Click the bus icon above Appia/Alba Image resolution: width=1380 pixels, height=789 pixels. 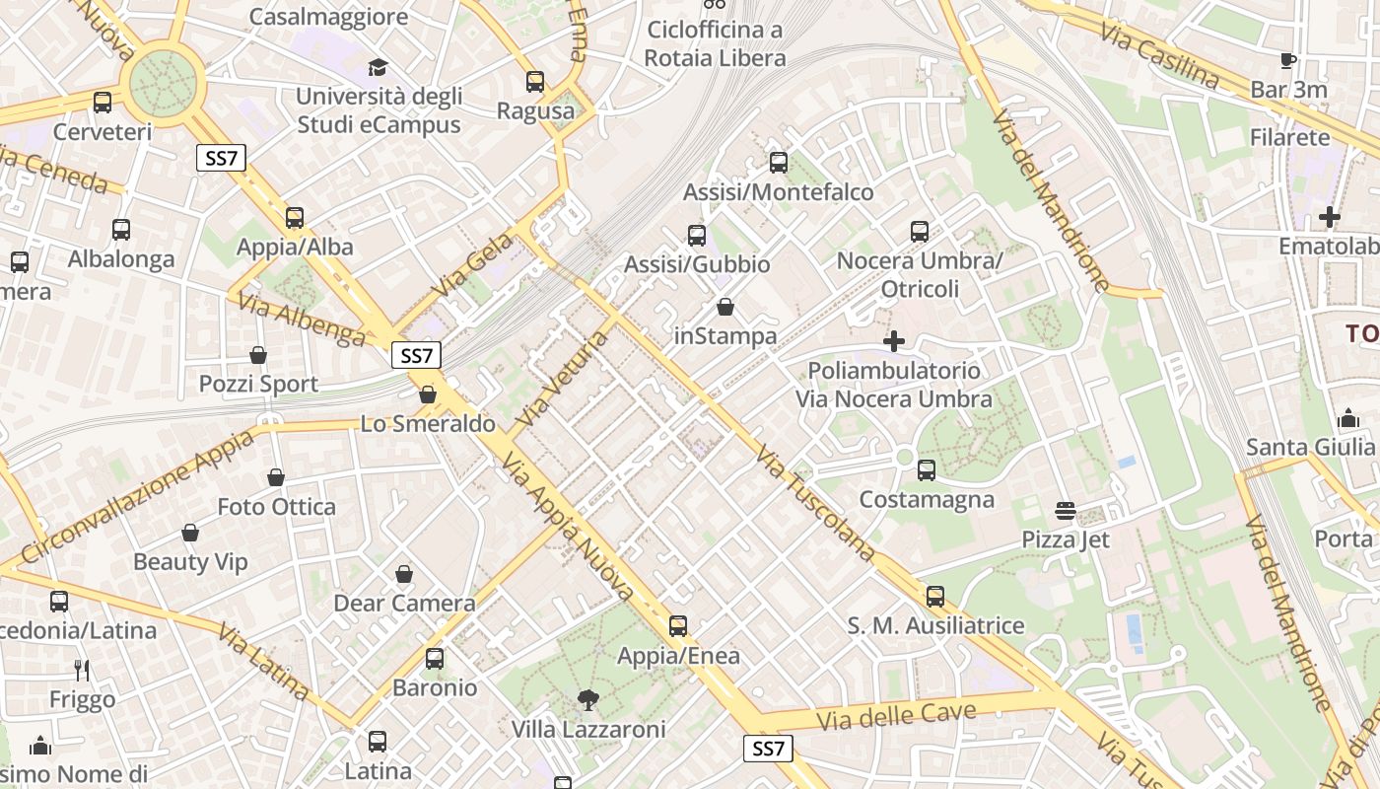click(294, 218)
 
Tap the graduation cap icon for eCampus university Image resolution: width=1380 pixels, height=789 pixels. click(378, 68)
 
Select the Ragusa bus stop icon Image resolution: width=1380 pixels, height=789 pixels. click(535, 82)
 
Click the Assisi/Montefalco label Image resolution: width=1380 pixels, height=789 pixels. click(778, 192)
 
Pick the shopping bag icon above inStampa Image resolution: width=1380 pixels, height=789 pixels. click(725, 308)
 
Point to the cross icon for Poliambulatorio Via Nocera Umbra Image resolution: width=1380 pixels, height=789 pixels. click(894, 342)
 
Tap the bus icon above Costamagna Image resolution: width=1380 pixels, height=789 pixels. click(927, 470)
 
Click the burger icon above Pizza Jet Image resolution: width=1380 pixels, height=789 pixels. click(1065, 511)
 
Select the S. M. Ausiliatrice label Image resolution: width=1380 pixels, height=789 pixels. click(935, 626)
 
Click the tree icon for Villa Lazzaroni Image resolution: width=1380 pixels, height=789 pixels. click(587, 701)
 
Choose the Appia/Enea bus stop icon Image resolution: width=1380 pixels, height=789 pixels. click(677, 626)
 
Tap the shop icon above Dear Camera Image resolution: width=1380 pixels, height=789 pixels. click(404, 574)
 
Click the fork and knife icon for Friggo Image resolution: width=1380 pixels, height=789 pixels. click(82, 671)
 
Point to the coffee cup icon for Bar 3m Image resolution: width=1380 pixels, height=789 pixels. click(1287, 61)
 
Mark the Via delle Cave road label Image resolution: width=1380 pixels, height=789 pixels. click(896, 716)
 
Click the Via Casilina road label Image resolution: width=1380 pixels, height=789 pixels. click(1160, 56)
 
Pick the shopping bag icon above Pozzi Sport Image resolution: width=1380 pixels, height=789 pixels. click(258, 355)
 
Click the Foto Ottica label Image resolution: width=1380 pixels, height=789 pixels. click(276, 507)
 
